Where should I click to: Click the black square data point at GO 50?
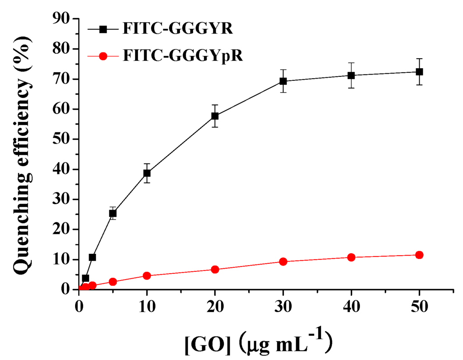(x=419, y=72)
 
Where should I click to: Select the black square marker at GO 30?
(x=283, y=81)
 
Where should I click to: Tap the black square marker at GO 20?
(x=215, y=116)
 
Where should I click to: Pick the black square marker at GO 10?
(x=147, y=173)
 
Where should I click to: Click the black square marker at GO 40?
(x=351, y=75)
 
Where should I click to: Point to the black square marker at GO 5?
(x=113, y=213)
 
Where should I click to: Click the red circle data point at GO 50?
(x=419, y=255)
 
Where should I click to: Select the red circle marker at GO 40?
(x=351, y=257)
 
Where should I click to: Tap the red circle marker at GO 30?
(x=283, y=262)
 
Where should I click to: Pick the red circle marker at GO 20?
(x=215, y=270)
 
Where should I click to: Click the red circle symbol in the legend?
(x=104, y=56)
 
